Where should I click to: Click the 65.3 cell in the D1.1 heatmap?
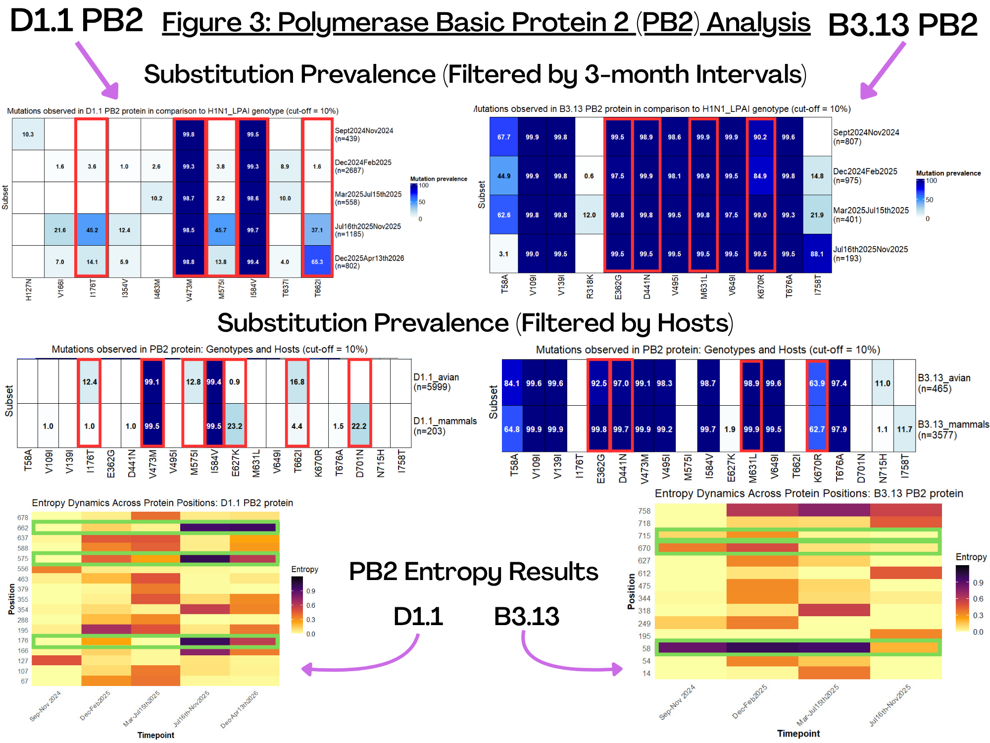click(317, 262)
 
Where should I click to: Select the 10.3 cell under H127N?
click(28, 134)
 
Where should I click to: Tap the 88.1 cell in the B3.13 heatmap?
click(817, 254)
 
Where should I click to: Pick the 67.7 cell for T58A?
click(504, 137)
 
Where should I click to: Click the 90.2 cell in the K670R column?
click(760, 137)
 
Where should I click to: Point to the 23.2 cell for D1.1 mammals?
click(235, 426)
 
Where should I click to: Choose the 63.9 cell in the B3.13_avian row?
click(817, 383)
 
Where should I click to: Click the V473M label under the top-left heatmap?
click(189, 289)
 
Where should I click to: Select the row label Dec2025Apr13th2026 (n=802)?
click(369, 262)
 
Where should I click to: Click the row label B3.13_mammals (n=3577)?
click(953, 429)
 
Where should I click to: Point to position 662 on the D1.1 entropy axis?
click(23, 528)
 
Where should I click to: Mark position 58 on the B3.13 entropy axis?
click(646, 648)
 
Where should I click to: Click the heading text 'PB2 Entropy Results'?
click(474, 572)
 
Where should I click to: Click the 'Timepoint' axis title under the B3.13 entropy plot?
click(798, 733)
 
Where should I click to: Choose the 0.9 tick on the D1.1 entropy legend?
click(311, 591)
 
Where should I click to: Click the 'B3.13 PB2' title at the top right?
click(903, 25)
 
